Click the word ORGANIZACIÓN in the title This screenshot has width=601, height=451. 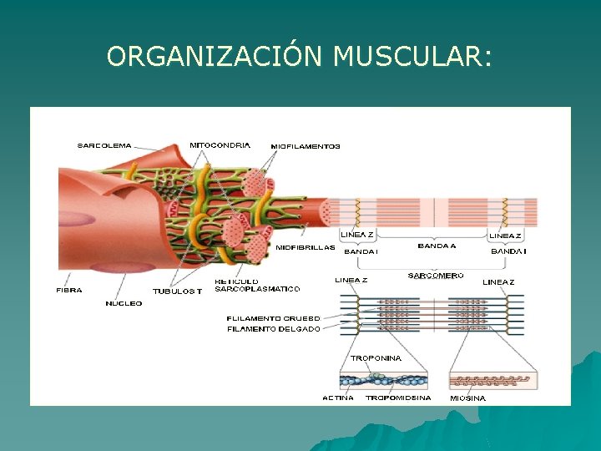click(215, 56)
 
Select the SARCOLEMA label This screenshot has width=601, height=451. click(104, 145)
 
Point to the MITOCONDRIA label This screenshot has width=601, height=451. click(220, 144)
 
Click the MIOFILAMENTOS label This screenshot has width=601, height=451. click(306, 146)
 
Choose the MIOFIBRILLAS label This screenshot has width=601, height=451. click(306, 247)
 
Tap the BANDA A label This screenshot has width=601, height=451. click(437, 246)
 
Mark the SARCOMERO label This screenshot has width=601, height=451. click(436, 275)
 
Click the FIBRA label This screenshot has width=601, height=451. click(69, 291)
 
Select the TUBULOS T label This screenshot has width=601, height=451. click(177, 291)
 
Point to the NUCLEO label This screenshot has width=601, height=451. click(124, 303)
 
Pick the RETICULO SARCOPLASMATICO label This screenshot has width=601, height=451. click(257, 286)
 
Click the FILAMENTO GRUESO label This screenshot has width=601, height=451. click(273, 318)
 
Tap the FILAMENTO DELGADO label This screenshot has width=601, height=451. click(273, 329)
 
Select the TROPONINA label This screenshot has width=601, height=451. click(376, 358)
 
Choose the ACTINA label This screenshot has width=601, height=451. click(338, 398)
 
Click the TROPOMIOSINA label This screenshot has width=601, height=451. click(398, 398)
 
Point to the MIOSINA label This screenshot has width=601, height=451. click(467, 398)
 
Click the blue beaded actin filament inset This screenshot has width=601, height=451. click(383, 380)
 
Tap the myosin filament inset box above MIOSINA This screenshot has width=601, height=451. click(492, 380)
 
